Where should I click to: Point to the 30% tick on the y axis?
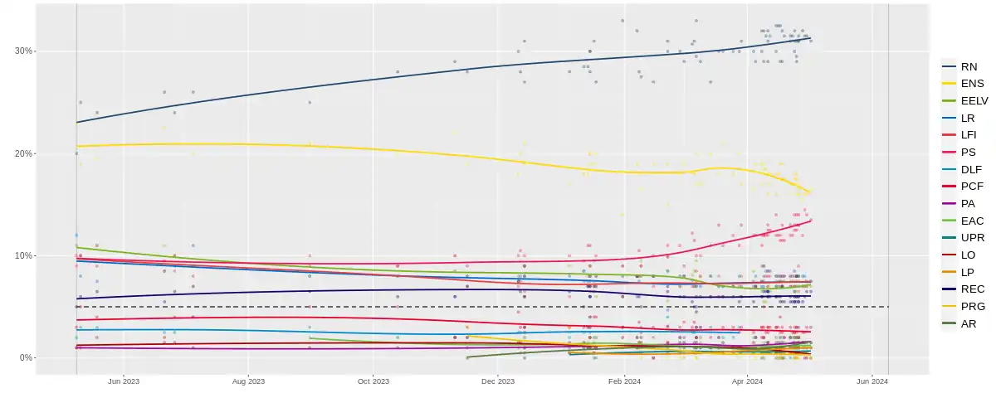click(x=23, y=51)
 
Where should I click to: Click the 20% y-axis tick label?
click(x=23, y=153)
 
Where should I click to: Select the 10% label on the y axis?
click(x=23, y=255)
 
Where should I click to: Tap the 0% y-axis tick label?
click(x=26, y=358)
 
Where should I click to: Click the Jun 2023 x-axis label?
click(x=123, y=381)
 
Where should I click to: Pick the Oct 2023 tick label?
click(x=373, y=381)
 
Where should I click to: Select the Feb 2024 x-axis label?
click(x=624, y=381)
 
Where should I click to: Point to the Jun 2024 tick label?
click(x=872, y=381)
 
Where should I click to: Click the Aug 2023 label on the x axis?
click(x=248, y=381)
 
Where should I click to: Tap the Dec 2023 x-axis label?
click(x=498, y=381)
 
